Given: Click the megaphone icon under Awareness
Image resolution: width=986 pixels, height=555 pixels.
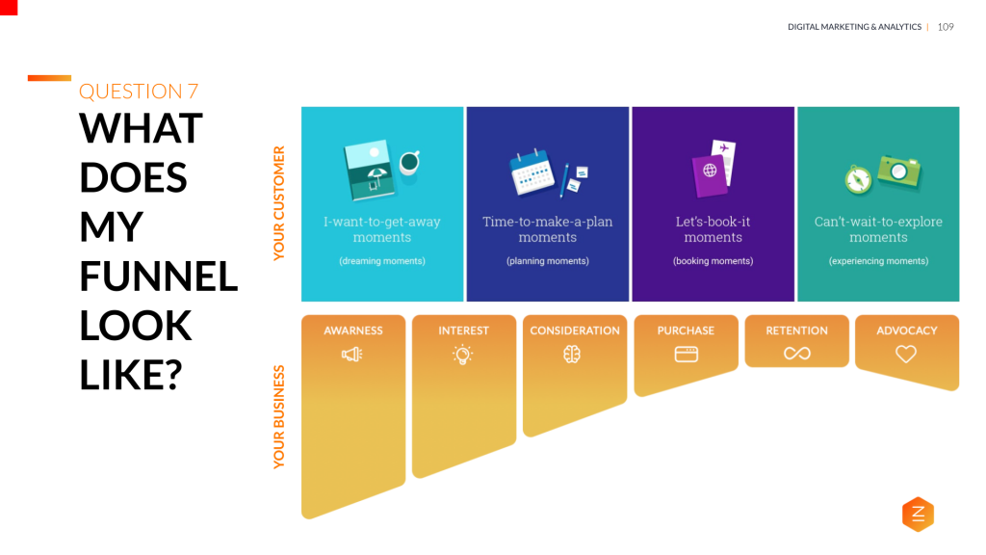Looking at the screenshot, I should [351, 355].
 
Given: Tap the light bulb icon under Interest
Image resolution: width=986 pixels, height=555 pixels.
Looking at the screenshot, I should [463, 355].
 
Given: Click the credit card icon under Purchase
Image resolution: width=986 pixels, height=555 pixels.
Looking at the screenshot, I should [686, 355].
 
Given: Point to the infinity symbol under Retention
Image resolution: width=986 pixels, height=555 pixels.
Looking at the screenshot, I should [796, 355].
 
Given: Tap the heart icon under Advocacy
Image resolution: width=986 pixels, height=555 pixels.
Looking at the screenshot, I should [906, 355].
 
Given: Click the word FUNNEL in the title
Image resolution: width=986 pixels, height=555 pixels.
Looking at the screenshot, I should [158, 276].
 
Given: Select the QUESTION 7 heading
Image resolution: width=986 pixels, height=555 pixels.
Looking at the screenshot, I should [139, 92].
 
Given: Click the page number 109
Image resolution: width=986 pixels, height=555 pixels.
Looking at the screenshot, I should [946, 27].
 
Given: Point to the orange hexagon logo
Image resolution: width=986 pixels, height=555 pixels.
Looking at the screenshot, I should [918, 515].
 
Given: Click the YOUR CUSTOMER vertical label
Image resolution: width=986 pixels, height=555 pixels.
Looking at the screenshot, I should [280, 203].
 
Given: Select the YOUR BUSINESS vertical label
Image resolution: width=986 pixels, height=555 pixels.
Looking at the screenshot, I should [280, 416].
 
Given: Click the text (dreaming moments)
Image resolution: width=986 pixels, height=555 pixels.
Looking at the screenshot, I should [382, 261].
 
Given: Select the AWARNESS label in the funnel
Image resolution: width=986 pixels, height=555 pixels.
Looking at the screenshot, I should [353, 330].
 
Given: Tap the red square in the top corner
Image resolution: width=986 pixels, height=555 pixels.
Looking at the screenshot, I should [9, 8].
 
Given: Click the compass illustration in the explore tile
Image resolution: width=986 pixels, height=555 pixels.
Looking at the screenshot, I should [859, 179].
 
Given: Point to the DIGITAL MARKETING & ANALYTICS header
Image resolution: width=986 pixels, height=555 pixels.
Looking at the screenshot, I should [854, 27].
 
